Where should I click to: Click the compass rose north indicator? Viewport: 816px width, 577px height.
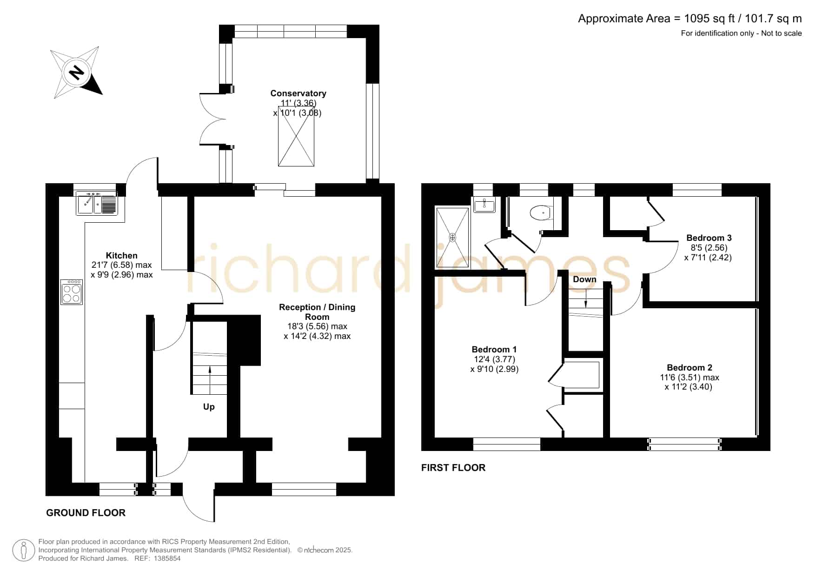point(77,73)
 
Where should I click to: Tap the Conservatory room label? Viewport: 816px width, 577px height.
point(298,93)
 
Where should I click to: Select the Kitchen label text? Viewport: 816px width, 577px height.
point(122,255)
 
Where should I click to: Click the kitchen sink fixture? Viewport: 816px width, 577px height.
point(97,203)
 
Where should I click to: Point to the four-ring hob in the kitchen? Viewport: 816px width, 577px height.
point(72,292)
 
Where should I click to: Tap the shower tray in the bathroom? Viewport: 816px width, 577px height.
point(453,238)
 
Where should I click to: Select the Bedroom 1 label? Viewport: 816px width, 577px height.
point(494,349)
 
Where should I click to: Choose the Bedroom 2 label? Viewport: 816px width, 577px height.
point(690,367)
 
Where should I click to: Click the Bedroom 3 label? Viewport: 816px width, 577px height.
point(709,238)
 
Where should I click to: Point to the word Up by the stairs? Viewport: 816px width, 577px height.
point(209,407)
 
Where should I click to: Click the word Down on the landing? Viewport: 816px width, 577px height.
point(584,279)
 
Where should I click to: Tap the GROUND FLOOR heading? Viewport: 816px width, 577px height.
point(86,513)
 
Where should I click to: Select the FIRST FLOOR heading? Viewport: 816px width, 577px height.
point(453,468)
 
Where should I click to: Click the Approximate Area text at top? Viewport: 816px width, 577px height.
point(690,19)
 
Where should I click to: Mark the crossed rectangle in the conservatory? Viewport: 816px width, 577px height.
point(296,136)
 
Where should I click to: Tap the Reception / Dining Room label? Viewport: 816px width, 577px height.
point(317,312)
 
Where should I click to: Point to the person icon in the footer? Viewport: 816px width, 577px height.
point(23,550)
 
